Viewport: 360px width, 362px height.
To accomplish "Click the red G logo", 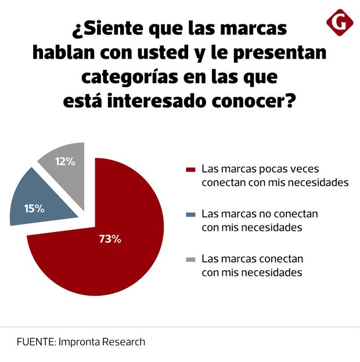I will pyautogui.click(x=340, y=23).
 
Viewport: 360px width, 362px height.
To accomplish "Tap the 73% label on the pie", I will pyautogui.click(x=110, y=239).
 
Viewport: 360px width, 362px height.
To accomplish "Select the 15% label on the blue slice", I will pyautogui.click(x=34, y=208).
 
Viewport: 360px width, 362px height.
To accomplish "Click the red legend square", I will pyautogui.click(x=190, y=170).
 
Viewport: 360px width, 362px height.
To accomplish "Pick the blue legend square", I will pyautogui.click(x=190, y=214).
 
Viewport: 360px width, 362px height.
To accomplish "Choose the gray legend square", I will pyautogui.click(x=190, y=259).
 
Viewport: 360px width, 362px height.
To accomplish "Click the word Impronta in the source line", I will pyautogui.click(x=80, y=342).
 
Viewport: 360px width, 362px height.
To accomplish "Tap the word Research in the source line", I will pyautogui.click(x=124, y=342).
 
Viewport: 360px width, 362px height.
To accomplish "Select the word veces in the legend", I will pyautogui.click(x=304, y=169).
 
